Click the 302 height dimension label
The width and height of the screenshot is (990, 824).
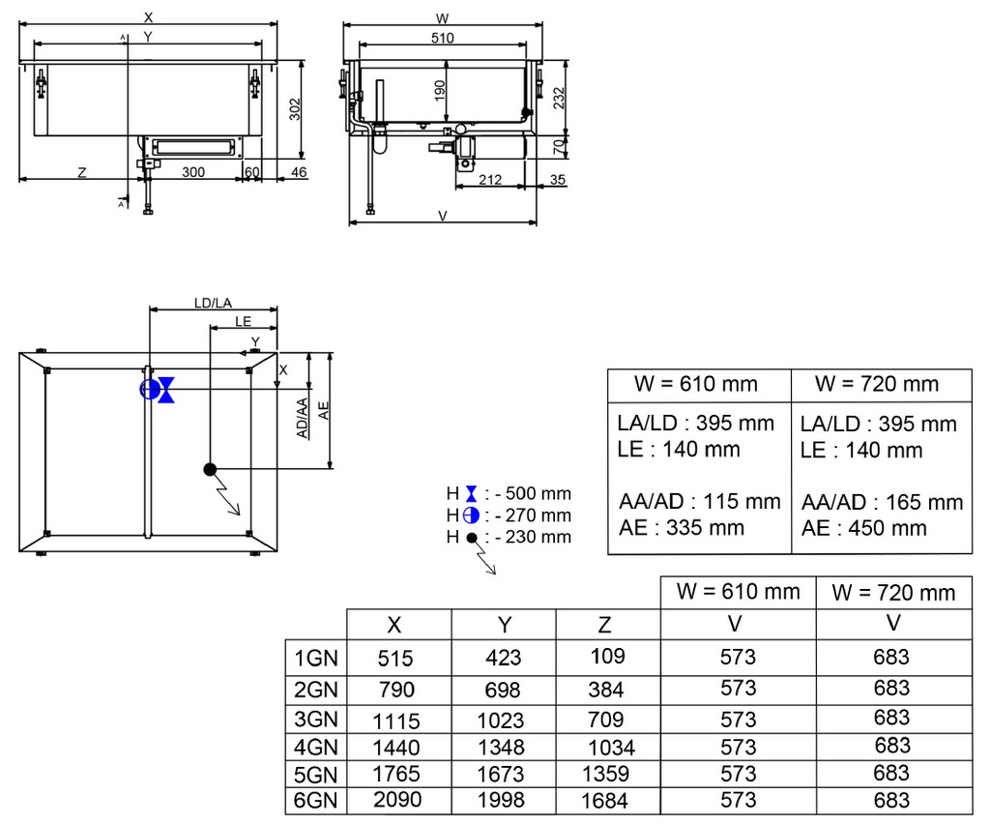295,109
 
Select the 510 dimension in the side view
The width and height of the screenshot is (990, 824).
442,38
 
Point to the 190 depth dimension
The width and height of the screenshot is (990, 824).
440,90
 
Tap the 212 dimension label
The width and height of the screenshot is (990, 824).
490,179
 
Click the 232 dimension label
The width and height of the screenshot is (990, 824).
559,99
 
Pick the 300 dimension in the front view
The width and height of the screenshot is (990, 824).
193,172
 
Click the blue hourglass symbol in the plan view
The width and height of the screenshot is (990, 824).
166,390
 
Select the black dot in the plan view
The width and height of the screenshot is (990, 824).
210,469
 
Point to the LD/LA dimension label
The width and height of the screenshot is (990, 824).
213,303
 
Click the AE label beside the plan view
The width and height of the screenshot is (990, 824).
324,410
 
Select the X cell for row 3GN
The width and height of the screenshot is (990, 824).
395,721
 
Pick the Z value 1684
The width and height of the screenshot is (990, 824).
604,801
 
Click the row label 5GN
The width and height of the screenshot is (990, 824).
316,774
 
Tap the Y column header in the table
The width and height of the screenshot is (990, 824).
504,625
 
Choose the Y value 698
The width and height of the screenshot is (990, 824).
503,690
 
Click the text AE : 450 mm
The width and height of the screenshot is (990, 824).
863,528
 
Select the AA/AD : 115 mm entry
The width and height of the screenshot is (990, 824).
700,501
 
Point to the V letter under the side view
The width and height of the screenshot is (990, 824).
443,216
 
